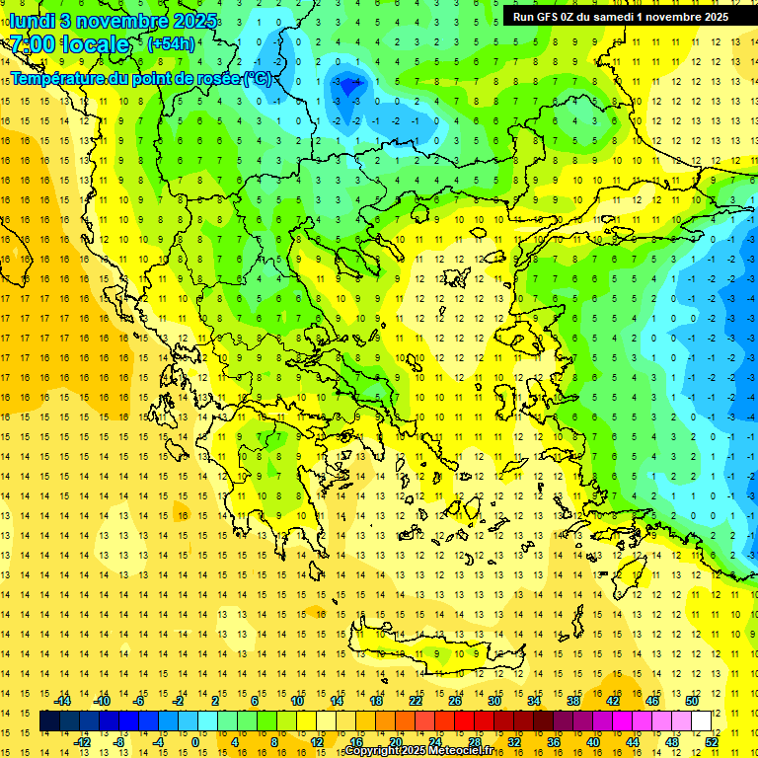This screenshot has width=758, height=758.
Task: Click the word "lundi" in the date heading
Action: click(32, 21)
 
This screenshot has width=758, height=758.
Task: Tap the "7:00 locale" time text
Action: click(70, 44)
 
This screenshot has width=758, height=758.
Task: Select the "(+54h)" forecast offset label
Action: click(171, 44)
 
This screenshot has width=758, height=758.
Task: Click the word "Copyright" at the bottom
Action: click(371, 751)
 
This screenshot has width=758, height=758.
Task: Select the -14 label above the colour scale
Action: click(62, 701)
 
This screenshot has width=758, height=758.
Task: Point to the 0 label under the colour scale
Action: click(195, 742)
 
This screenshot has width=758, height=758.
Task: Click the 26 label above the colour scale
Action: click(455, 701)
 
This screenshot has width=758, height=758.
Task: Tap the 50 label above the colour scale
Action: click(691, 701)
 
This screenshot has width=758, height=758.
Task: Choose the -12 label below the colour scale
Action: click(83, 742)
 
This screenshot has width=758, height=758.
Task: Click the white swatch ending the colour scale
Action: click(701, 721)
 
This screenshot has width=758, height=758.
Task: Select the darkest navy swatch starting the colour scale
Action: click(49, 721)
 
